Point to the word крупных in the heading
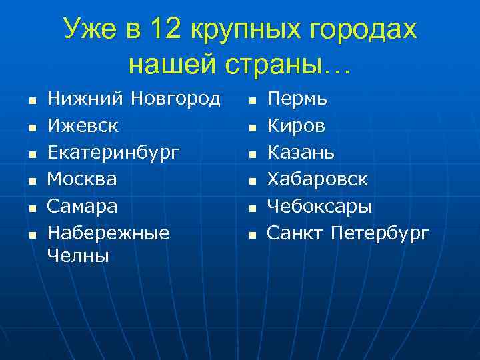point(241,30)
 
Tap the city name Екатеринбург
point(113,153)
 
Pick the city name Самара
point(82,207)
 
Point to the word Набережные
point(108,233)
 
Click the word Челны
point(78,255)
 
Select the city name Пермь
point(297,100)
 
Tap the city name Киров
point(297,125)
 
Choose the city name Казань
point(301,153)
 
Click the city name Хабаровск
point(317,179)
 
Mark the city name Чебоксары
point(320,207)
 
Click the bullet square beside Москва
point(31,181)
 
